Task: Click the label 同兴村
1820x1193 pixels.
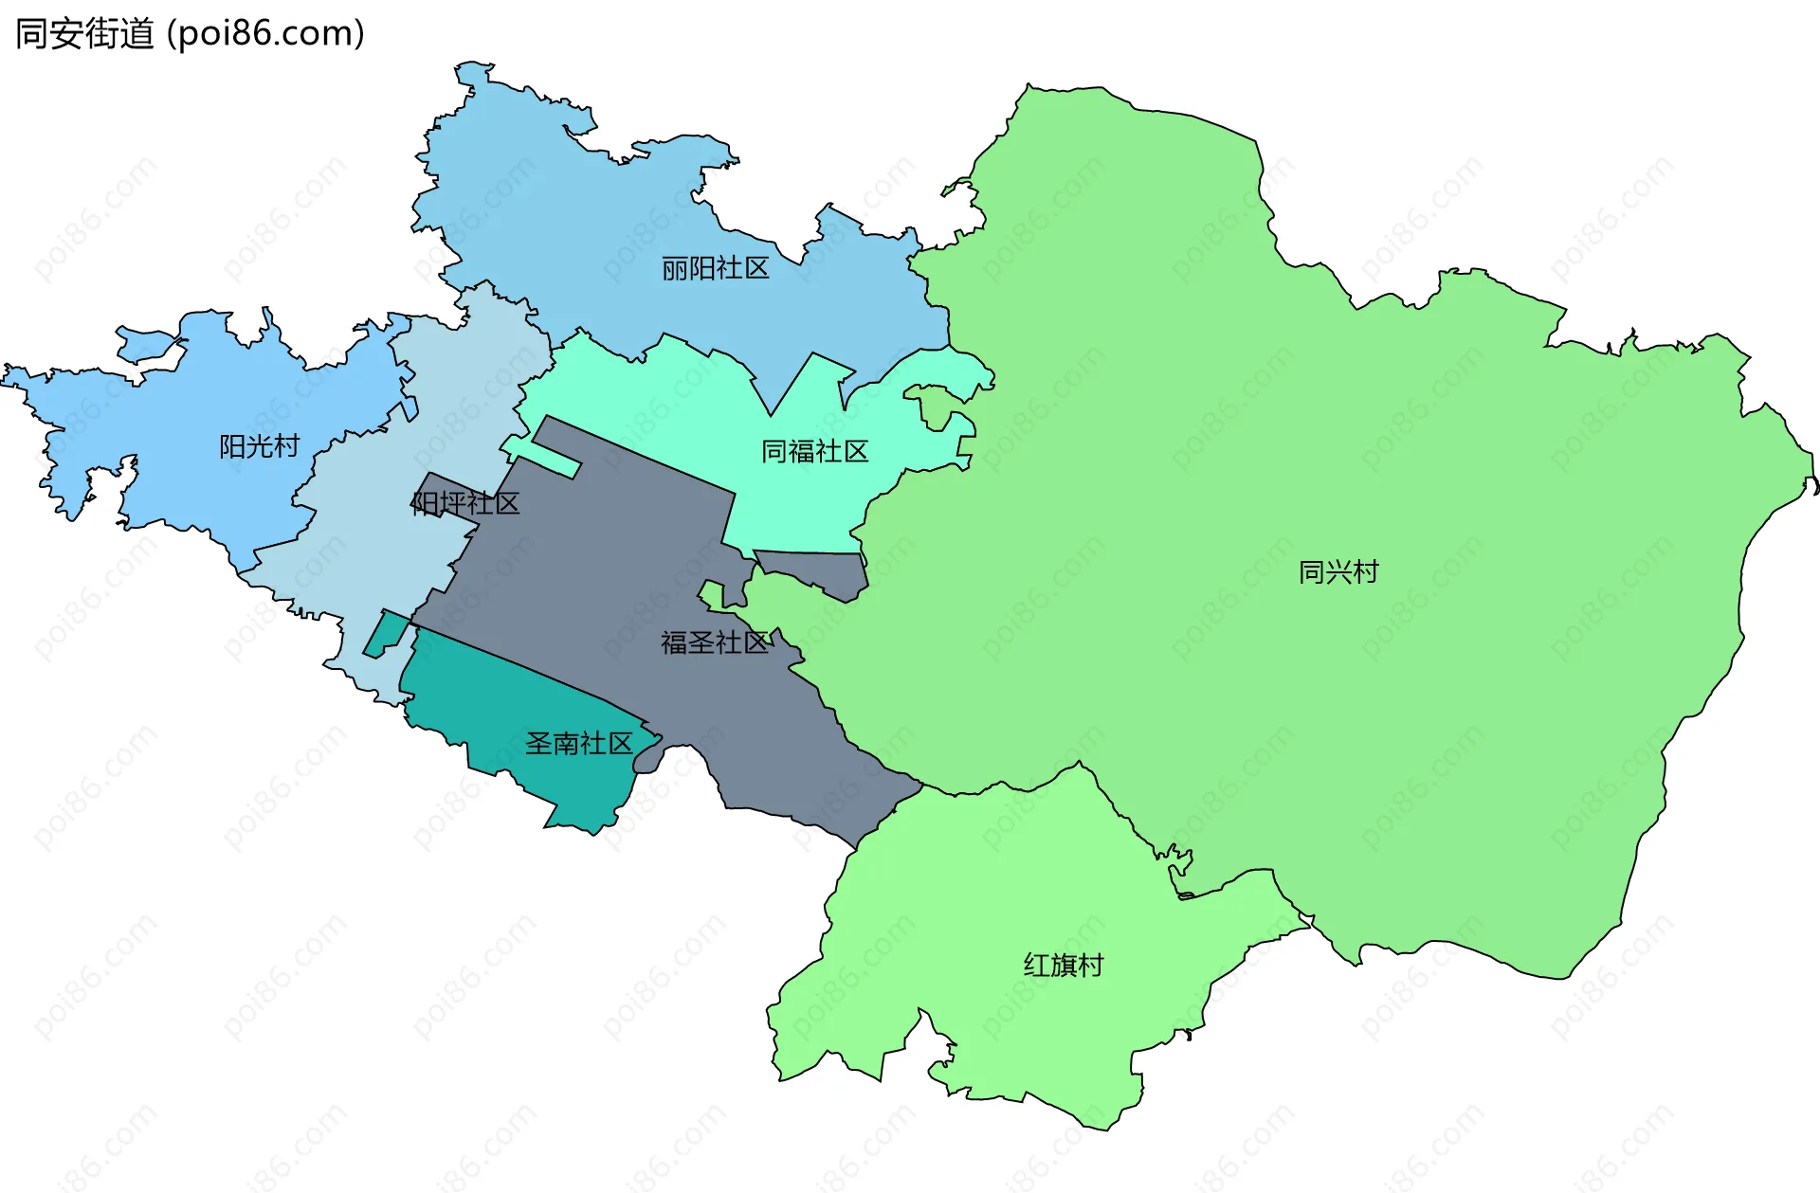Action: point(1338,572)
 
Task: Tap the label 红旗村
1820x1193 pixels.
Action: point(1063,966)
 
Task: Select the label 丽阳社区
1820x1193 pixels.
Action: point(715,269)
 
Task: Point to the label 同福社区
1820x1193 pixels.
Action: point(814,452)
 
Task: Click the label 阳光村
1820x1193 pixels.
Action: point(259,446)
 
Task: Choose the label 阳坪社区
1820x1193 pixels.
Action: point(465,503)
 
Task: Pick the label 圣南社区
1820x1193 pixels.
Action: point(578,744)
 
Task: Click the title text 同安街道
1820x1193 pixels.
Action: point(84,34)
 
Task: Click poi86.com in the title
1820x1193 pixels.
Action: point(265,34)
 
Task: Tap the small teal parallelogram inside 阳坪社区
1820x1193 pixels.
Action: point(386,633)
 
